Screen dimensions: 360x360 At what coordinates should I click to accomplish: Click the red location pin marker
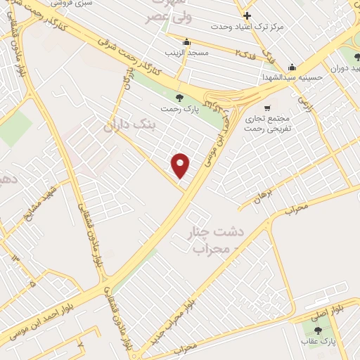(181, 165)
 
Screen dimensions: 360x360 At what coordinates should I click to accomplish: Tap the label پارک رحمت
(178, 109)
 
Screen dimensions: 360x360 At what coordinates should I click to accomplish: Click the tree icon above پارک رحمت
(179, 97)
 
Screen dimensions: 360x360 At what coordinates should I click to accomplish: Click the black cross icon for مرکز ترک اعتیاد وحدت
(246, 15)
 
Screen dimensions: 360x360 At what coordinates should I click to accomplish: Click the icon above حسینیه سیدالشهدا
(292, 66)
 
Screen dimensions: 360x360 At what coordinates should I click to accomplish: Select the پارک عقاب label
(318, 341)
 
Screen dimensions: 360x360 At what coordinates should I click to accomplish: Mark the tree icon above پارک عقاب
(318, 329)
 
